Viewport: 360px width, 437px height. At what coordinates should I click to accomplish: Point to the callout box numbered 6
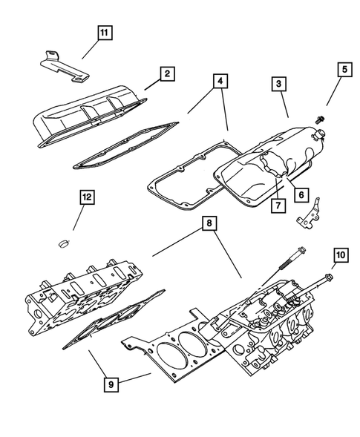coord(300,194)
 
